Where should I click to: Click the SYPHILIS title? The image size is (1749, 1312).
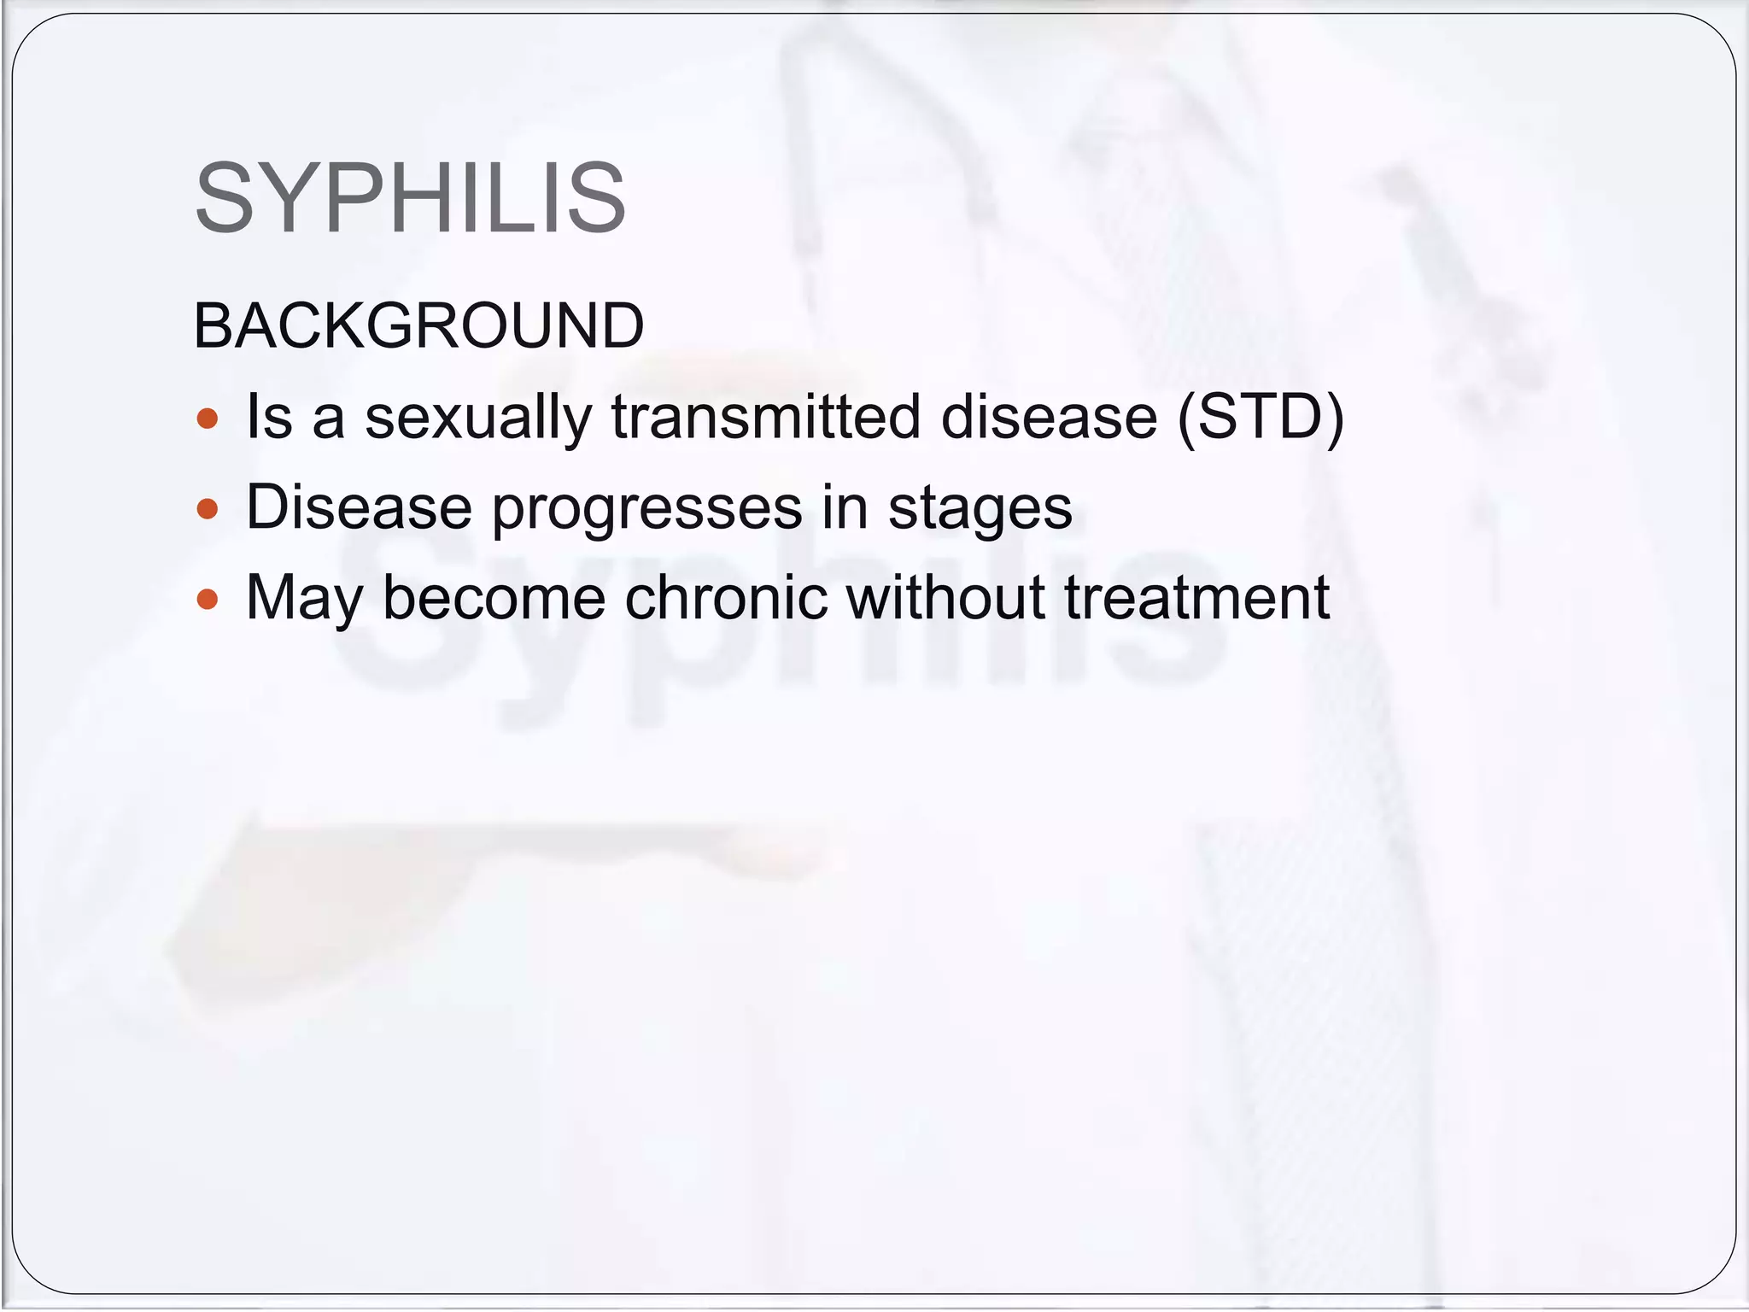[x=410, y=198]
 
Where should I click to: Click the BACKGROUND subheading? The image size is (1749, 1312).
[x=418, y=326]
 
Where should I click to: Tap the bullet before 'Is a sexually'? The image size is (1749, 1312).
[x=208, y=419]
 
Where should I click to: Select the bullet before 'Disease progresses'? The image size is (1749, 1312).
[x=208, y=509]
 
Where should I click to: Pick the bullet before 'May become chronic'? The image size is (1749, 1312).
[x=208, y=599]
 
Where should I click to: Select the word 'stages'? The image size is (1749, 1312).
[x=980, y=509]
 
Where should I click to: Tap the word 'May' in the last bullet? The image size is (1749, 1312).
[x=304, y=599]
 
